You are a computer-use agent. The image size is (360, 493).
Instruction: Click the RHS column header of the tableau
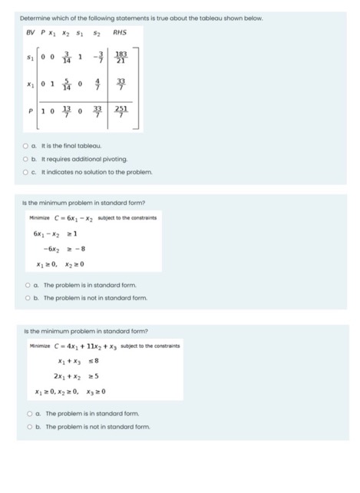(120, 32)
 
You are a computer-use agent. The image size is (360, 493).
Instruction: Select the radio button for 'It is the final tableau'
(25, 144)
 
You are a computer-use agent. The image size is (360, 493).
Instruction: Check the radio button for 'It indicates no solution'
(25, 171)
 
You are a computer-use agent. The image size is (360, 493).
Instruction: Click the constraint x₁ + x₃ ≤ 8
(73, 361)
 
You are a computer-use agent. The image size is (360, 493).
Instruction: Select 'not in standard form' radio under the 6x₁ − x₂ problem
(25, 297)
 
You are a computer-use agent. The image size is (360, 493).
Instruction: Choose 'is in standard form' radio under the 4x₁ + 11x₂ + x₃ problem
(25, 412)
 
